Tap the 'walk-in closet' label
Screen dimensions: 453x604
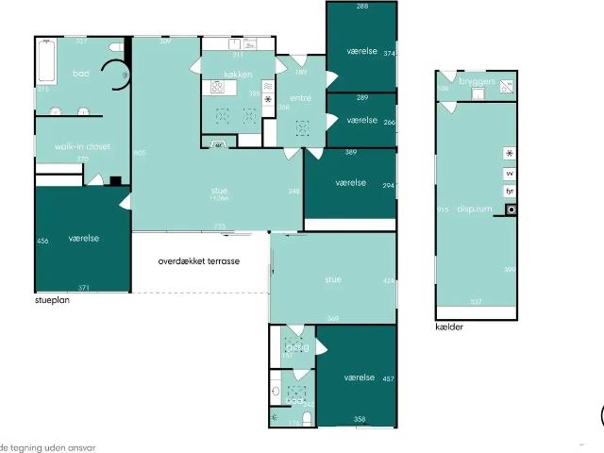coord(82,146)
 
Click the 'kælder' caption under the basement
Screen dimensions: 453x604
coord(449,327)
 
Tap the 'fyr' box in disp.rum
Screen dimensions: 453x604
coord(510,192)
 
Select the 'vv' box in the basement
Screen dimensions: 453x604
coord(510,174)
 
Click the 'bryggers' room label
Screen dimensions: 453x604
coord(477,82)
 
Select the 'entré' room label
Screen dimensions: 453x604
coord(300,97)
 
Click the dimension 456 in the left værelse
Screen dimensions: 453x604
coord(42,242)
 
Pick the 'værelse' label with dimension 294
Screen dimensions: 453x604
coord(350,182)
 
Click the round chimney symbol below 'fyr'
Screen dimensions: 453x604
coord(510,210)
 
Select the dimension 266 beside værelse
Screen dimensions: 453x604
coord(389,122)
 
